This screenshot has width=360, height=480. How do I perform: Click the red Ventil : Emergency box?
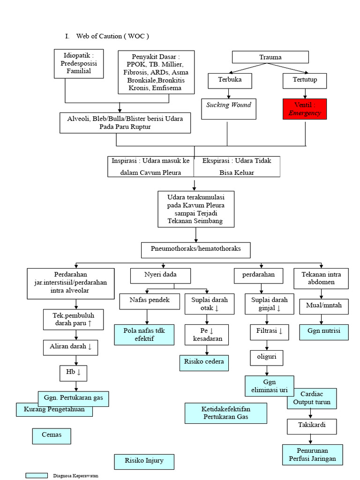(305, 109)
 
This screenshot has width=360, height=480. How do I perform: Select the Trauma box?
(270, 57)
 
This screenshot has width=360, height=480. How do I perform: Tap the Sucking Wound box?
(228, 109)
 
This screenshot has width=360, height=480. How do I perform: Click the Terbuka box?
(230, 80)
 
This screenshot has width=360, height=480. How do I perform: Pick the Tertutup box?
(305, 80)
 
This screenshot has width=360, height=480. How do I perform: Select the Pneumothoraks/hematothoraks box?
(196, 249)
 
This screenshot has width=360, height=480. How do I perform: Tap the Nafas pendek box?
(150, 300)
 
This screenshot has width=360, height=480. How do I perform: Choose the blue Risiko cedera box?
(204, 362)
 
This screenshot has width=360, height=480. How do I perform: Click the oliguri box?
(266, 357)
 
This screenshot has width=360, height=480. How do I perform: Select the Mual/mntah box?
(321, 306)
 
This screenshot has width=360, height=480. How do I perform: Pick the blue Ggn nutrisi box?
(321, 331)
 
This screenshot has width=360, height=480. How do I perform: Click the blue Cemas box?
(52, 435)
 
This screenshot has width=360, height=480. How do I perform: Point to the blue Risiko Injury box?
(144, 461)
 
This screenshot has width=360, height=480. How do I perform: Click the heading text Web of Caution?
(112, 36)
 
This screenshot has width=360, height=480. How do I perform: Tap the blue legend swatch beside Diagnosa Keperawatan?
(37, 475)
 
